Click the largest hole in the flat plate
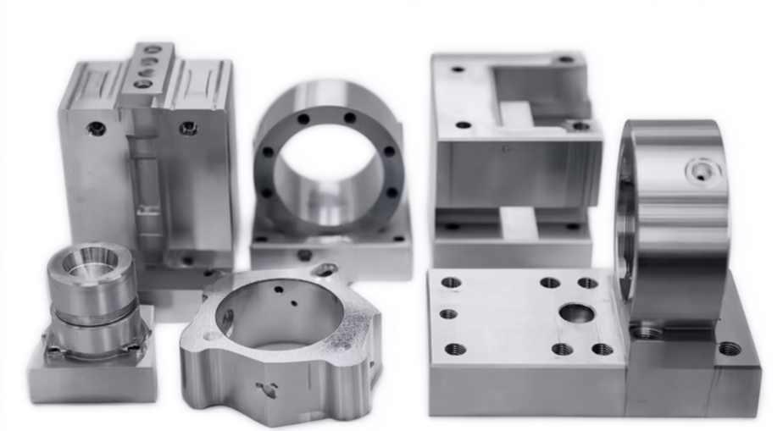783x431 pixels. pos(576,313)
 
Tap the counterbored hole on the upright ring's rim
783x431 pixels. pos(702,172)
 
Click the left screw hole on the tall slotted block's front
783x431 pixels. pos(97,129)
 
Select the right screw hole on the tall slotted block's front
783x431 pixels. pos(188,128)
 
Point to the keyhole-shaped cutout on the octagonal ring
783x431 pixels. pos(266,390)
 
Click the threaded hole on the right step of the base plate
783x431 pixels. pos(728,348)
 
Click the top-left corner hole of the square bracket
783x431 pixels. pos(458,69)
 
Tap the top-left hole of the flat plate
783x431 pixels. pos(451,283)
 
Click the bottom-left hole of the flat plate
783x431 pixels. pos(455,349)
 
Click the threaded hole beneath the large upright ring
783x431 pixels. pos(647,331)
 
